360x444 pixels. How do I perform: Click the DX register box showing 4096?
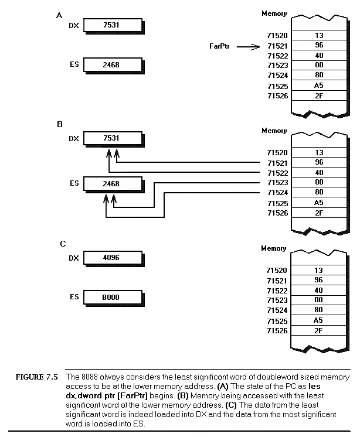112,257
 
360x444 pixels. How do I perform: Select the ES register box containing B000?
112,298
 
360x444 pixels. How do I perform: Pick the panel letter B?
59,124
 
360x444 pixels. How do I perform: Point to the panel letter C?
63,243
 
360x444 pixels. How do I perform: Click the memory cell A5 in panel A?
318,86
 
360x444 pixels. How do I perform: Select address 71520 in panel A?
277,36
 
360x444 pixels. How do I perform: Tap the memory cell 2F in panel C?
318,330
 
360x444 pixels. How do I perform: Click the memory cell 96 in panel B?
318,162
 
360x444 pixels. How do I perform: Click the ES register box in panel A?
112,64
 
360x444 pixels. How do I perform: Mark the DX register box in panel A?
112,25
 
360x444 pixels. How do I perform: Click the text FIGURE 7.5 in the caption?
36,377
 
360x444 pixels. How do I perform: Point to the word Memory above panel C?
274,248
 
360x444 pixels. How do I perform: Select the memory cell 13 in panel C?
318,271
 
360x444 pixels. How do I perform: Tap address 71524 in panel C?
277,310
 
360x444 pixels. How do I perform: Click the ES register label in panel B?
74,183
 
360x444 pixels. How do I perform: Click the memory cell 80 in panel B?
318,192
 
